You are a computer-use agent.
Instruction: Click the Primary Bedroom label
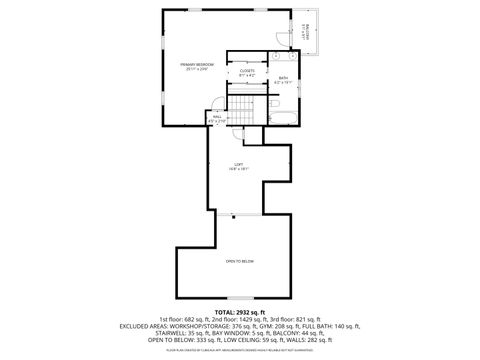tap(194, 66)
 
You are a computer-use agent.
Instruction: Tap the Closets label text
tap(247, 72)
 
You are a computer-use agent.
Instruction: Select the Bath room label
tap(283, 80)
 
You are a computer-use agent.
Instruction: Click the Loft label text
tap(238, 165)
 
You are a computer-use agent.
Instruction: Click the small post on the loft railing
tap(233, 214)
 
